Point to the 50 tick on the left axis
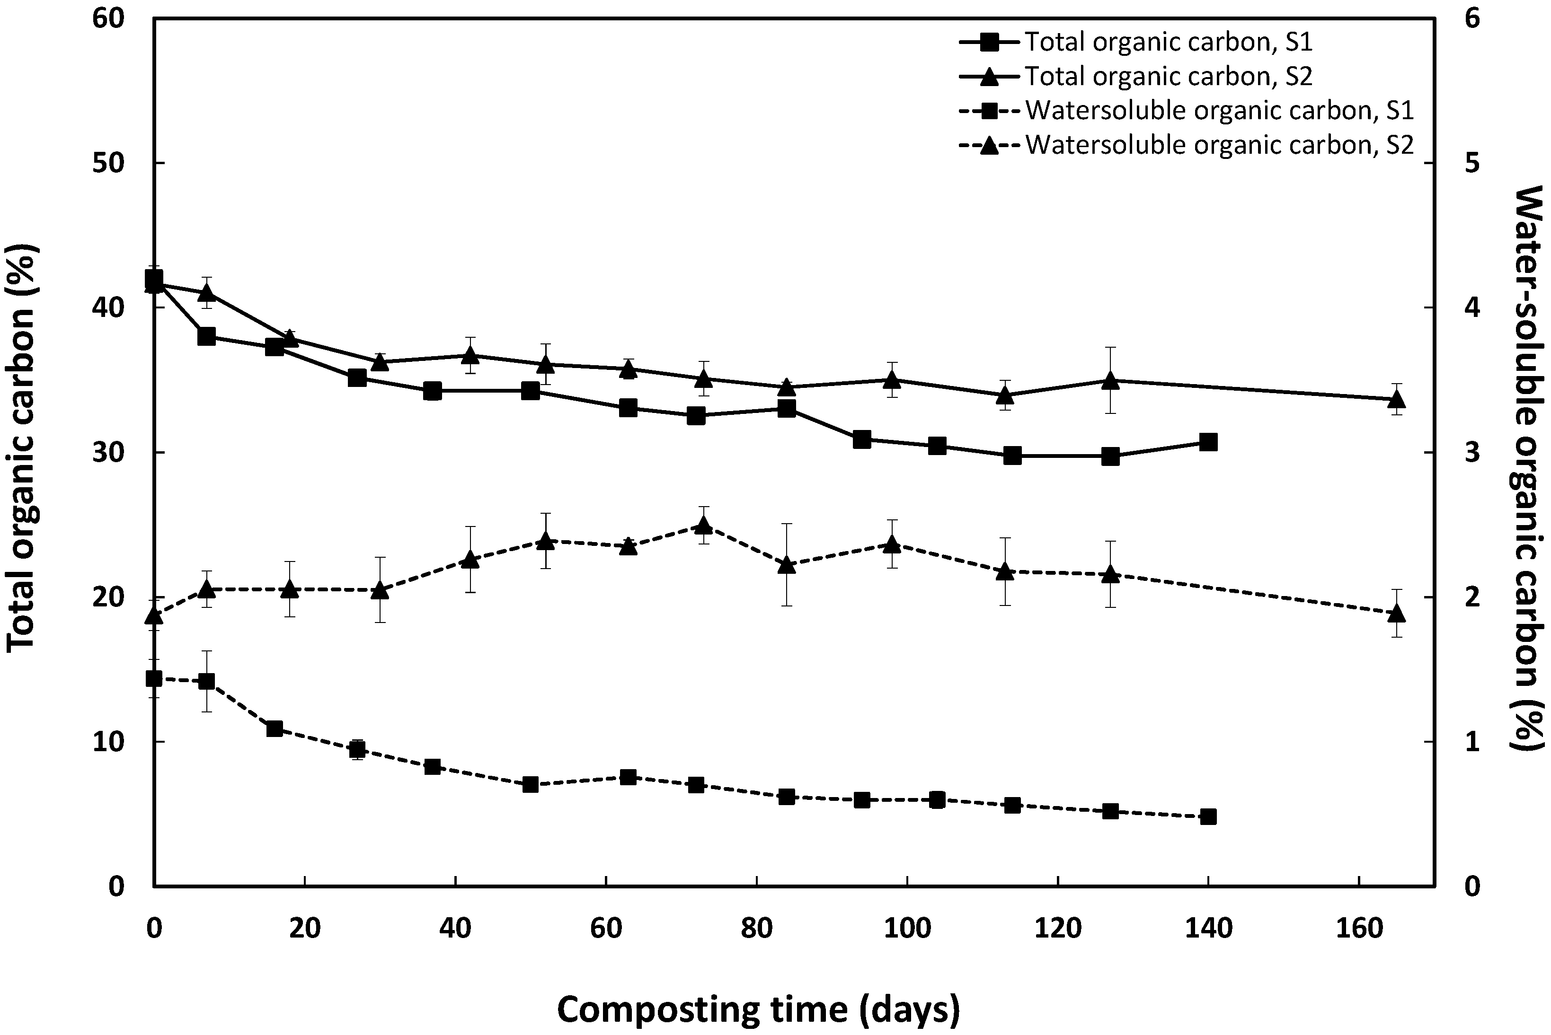click(108, 163)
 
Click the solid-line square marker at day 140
click(1208, 442)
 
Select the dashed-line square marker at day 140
click(1208, 816)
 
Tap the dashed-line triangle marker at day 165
click(1397, 613)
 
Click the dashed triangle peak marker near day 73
click(703, 526)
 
